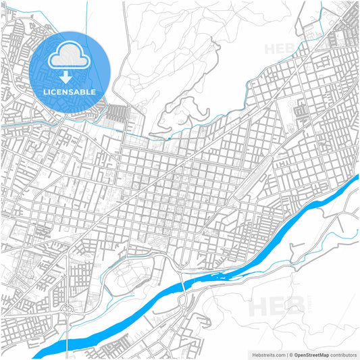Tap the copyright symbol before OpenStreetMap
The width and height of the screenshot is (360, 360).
(290, 354)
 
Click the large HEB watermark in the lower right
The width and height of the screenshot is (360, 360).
(277, 307)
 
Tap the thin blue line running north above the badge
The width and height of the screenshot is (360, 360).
(88, 17)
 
